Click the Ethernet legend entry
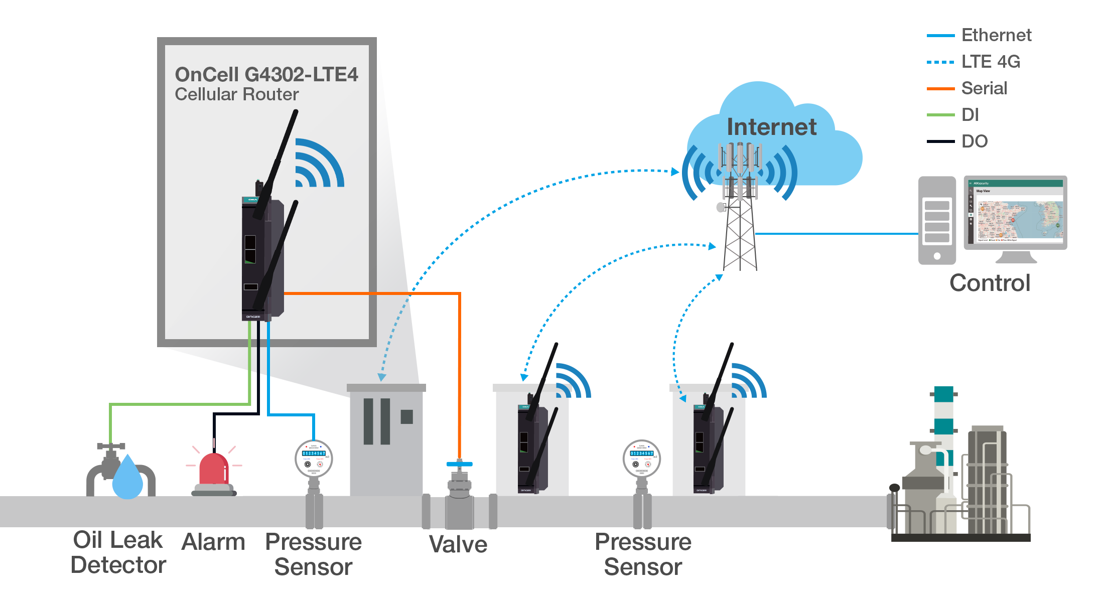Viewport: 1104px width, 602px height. (996, 36)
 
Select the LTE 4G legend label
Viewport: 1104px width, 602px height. (990, 62)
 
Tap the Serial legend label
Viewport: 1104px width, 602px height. (984, 88)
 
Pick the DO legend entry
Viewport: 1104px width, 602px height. (974, 141)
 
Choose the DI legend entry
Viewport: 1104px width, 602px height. (970, 115)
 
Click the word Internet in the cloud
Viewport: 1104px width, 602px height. (771, 127)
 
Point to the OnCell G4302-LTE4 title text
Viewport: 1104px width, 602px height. (266, 75)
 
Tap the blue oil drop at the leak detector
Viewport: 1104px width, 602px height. (127, 479)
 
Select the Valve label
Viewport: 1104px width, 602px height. (458, 544)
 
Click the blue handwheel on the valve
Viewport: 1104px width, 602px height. (459, 464)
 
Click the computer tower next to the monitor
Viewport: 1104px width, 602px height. (937, 221)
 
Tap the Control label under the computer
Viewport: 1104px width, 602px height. (990, 283)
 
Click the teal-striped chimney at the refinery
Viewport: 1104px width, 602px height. (943, 416)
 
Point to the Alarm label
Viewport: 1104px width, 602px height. (213, 542)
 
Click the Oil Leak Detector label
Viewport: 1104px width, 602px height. (118, 552)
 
